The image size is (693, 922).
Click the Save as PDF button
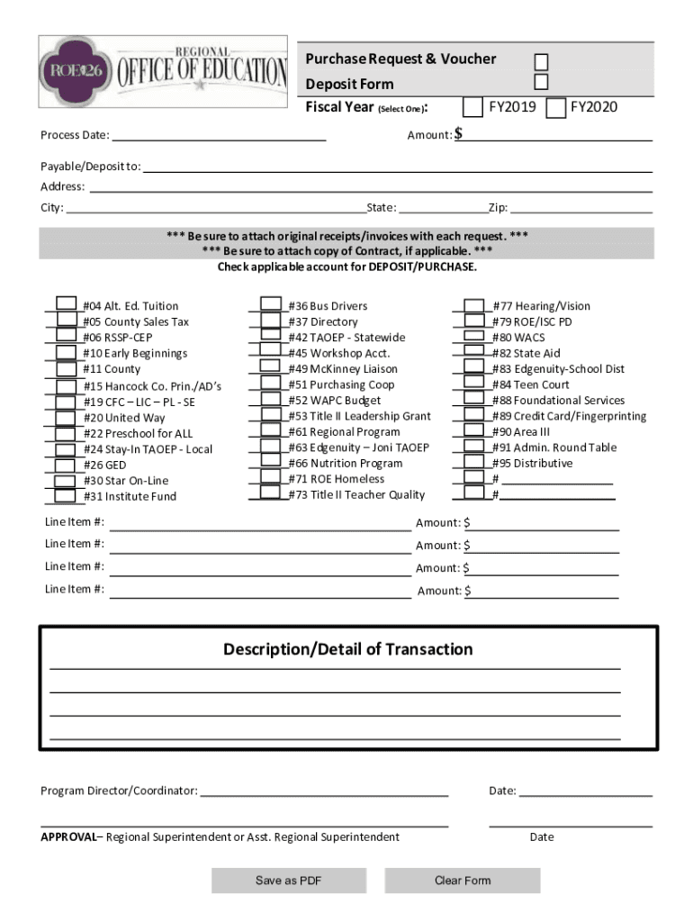tap(289, 881)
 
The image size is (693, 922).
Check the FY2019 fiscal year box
tap(472, 108)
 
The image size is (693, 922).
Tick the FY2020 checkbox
tap(555, 108)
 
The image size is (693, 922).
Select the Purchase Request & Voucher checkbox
tap(541, 61)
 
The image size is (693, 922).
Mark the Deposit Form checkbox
tap(541, 83)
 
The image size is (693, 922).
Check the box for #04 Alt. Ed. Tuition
tap(67, 304)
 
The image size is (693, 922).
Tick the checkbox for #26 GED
tap(66, 465)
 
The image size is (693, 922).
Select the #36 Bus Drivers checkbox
tap(270, 304)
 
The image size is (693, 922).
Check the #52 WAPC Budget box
tap(270, 399)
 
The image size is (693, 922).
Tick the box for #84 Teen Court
tap(474, 384)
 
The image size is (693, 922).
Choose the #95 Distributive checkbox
tap(474, 462)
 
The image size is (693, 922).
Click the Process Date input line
tap(218, 135)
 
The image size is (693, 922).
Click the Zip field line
tap(580, 208)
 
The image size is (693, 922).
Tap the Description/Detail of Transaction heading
tap(347, 649)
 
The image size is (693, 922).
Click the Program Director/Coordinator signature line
tap(324, 791)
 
